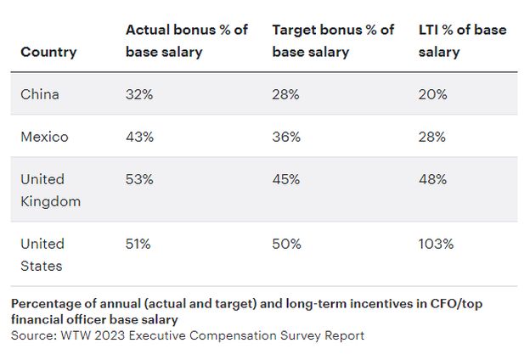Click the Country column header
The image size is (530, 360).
coord(48,52)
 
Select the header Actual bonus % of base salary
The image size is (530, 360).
coord(187,41)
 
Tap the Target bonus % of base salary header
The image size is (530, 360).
coord(333,41)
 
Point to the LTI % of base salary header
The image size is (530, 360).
coord(462,41)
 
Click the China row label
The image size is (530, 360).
coord(40,94)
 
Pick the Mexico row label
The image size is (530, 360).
coord(44,137)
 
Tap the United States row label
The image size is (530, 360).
coord(42,255)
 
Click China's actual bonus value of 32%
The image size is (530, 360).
coord(138,94)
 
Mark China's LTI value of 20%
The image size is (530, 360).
coord(432,94)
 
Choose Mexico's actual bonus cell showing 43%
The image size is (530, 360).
coord(139,137)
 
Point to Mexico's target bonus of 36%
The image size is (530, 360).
coord(286,137)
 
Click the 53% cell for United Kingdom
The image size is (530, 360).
coord(139,179)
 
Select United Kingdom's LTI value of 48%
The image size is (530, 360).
coord(433,179)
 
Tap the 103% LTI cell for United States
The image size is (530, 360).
coord(437,244)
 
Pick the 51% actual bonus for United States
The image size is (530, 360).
coord(138,244)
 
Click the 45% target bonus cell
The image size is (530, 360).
coord(286,179)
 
